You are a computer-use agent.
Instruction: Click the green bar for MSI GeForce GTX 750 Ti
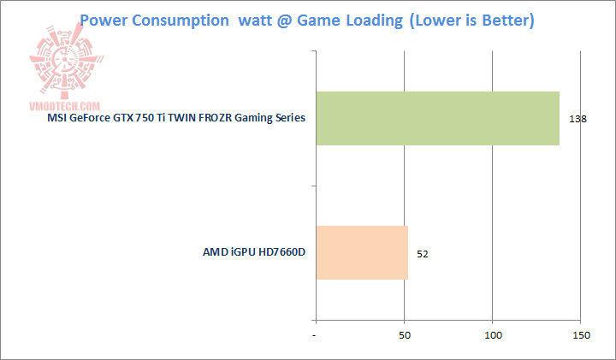coord(437,118)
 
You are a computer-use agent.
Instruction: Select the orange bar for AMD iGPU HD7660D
coord(362,251)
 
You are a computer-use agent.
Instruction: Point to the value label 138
coord(577,119)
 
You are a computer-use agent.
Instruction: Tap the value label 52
coord(423,253)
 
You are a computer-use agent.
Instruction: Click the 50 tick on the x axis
coord(405,335)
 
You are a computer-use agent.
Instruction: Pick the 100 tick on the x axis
coord(493,335)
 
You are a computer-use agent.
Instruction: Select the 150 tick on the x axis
coord(582,335)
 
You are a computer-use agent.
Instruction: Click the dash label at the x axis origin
coord(316,335)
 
